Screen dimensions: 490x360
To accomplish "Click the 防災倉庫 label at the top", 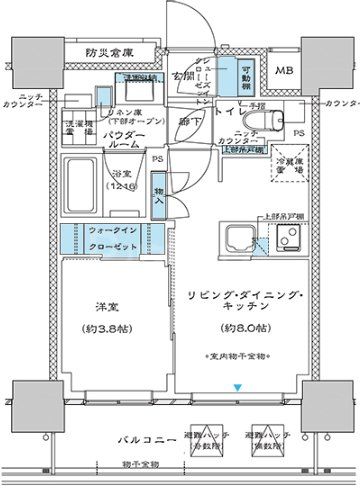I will click(x=111, y=52).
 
